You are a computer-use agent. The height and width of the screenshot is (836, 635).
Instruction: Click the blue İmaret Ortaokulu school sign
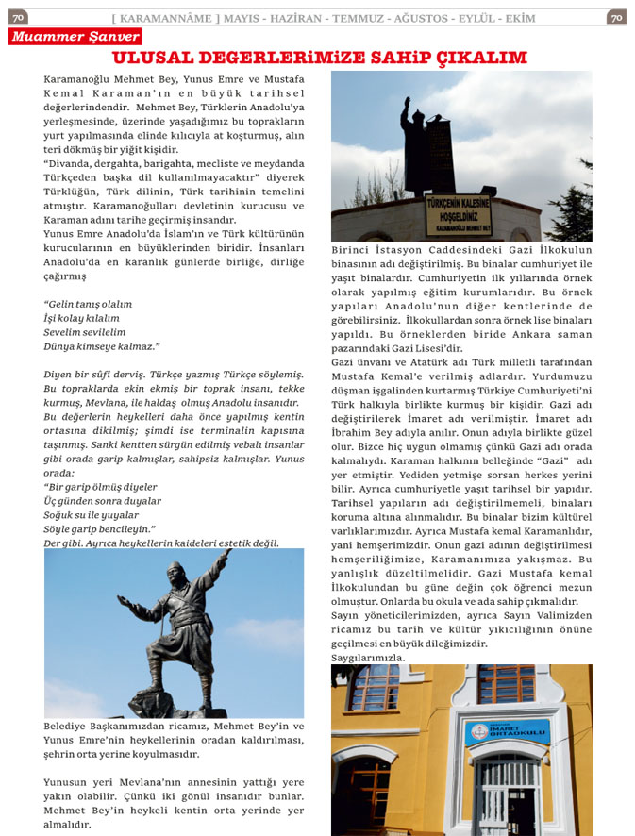tap(507, 732)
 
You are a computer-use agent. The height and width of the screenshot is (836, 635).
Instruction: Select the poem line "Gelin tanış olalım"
tap(88, 304)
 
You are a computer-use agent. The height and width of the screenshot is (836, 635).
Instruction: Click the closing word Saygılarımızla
tap(368, 657)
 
